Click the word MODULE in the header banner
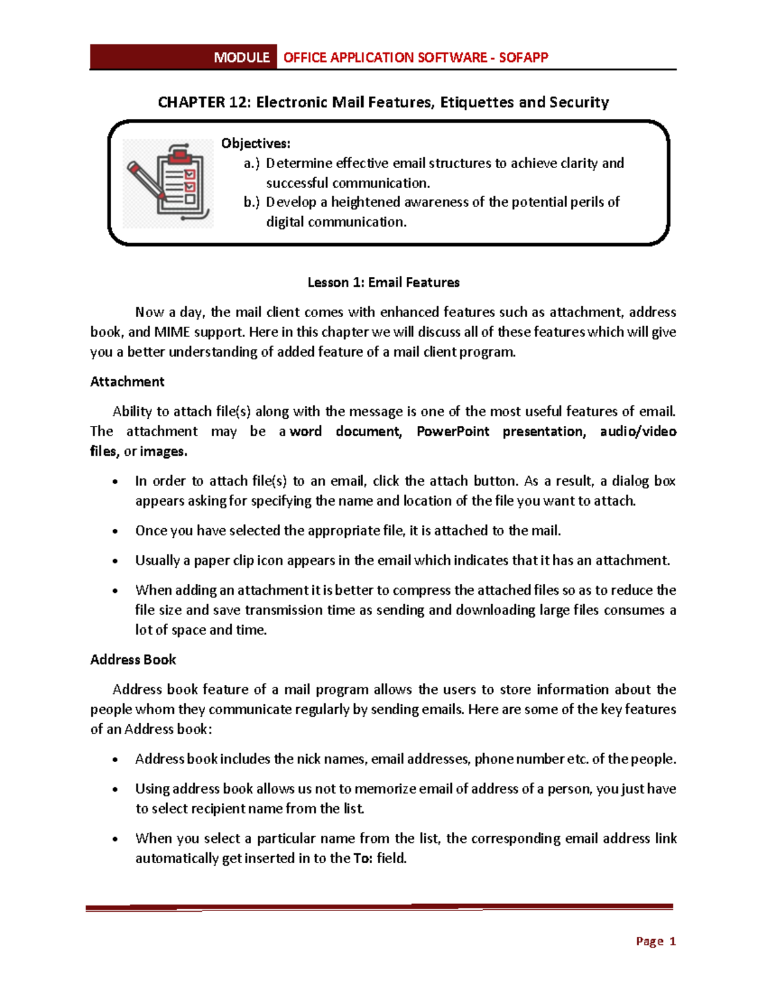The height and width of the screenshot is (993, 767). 241,58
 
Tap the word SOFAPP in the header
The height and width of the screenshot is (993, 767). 523,58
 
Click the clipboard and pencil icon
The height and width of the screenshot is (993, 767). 168,184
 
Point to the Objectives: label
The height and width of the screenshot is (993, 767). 256,143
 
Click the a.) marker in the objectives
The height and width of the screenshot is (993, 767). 252,164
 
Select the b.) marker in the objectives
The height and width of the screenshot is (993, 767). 252,203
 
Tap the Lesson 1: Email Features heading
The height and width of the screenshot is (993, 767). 383,283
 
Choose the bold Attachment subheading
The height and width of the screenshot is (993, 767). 127,382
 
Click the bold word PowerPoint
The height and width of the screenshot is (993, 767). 453,432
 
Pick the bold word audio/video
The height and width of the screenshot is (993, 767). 638,432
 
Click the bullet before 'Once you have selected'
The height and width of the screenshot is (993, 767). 115,531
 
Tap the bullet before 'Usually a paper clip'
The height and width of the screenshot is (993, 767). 115,561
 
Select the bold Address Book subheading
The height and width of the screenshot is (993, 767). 133,660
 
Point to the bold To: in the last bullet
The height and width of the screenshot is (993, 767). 362,859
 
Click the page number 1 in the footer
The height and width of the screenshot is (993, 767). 672,941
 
